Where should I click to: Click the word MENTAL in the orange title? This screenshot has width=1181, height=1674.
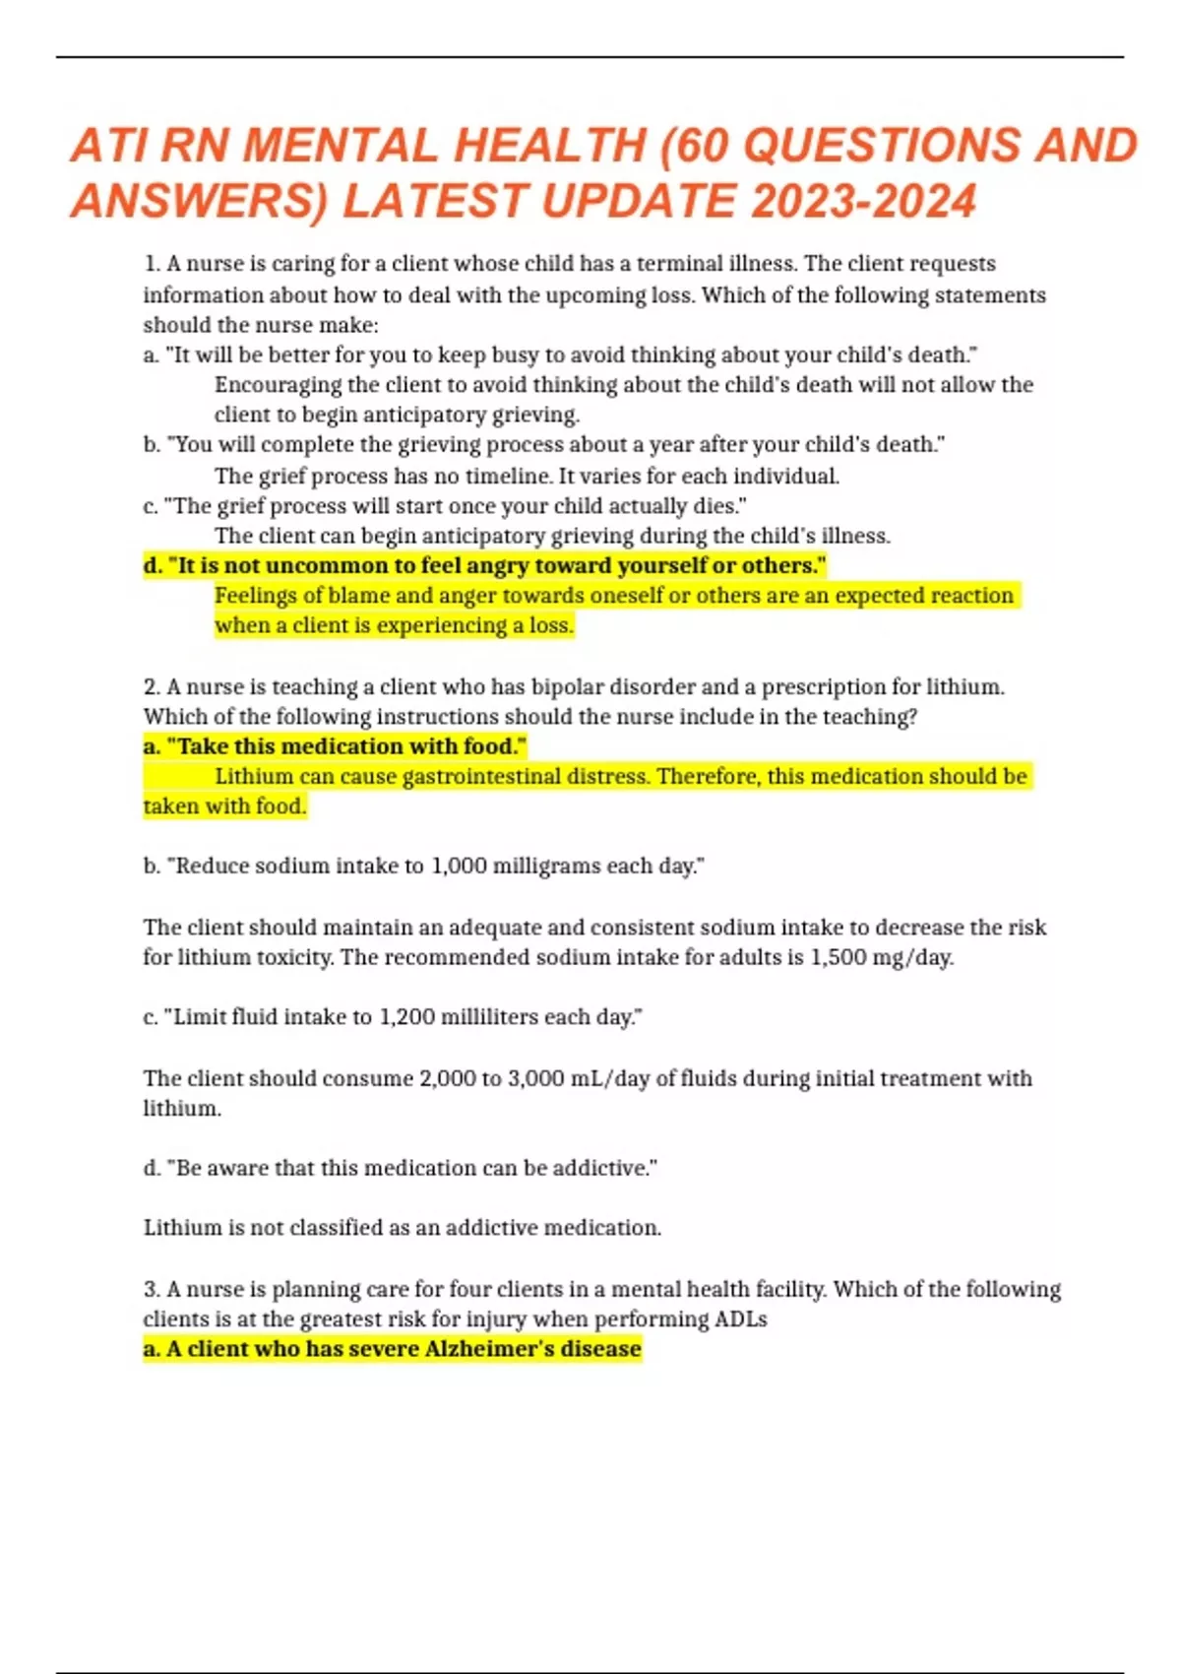(x=340, y=146)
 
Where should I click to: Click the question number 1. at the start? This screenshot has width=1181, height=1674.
(x=152, y=264)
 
